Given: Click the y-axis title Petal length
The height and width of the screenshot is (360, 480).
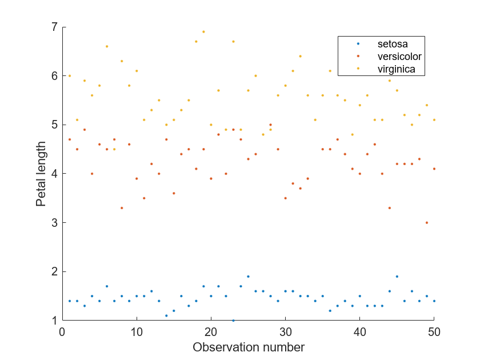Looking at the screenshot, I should click(41, 174).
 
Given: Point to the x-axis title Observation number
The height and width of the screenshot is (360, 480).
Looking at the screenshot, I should click(248, 347).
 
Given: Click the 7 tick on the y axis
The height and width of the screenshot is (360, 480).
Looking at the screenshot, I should click(54, 27).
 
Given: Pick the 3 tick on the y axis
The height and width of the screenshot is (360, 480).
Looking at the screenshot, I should click(54, 222).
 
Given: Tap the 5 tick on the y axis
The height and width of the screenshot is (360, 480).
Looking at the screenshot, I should click(54, 125).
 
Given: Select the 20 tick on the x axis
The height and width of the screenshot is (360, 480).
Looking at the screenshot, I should click(211, 331).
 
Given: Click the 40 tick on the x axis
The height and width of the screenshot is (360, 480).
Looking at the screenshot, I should click(359, 331).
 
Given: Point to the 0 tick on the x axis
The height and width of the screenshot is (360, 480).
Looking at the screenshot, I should click(62, 331).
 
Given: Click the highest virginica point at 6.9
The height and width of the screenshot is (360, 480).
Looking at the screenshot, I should click(203, 32).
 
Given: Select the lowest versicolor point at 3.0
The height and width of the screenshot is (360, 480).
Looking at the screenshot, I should click(426, 222).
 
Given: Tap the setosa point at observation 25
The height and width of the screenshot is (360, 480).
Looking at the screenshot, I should click(248, 276).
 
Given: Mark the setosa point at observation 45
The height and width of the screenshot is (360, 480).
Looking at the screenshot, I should click(397, 276).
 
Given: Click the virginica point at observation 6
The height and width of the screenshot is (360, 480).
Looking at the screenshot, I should click(107, 46).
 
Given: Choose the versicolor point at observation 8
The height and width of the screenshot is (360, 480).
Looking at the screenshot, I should click(122, 208).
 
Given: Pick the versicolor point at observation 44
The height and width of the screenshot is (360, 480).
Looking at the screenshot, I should click(389, 208).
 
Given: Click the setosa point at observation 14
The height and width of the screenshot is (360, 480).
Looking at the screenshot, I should click(166, 315).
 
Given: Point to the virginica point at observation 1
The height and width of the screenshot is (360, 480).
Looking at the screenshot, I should click(70, 76).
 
